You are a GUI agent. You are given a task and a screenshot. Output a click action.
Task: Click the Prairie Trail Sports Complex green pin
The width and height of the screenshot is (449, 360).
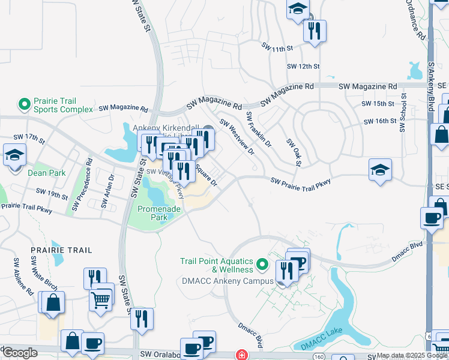tap(25, 105)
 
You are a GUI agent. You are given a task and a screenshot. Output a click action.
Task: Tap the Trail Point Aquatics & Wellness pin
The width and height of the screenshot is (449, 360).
tap(262, 264)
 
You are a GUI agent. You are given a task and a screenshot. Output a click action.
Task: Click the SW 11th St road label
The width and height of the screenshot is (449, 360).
tap(277, 47)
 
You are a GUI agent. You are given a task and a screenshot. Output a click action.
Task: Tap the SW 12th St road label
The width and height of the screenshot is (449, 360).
tap(303, 66)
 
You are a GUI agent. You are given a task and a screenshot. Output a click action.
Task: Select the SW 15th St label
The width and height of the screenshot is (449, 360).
tap(378, 104)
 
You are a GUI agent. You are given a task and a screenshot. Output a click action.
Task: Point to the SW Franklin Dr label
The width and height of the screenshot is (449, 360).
tap(259, 130)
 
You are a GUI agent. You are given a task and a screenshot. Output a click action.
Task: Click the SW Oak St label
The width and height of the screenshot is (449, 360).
tap(294, 152)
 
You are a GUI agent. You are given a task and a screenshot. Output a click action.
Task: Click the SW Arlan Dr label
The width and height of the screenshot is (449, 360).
tap(108, 191)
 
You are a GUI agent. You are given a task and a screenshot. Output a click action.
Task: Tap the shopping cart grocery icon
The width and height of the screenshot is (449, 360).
tap(101, 298)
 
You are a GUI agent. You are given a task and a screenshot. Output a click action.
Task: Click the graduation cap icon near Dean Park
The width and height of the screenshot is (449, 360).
tap(13, 156)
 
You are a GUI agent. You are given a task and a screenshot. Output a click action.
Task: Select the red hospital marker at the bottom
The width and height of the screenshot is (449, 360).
tap(242, 355)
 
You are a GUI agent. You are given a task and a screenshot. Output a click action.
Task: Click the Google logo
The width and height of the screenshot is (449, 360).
tap(20, 353)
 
